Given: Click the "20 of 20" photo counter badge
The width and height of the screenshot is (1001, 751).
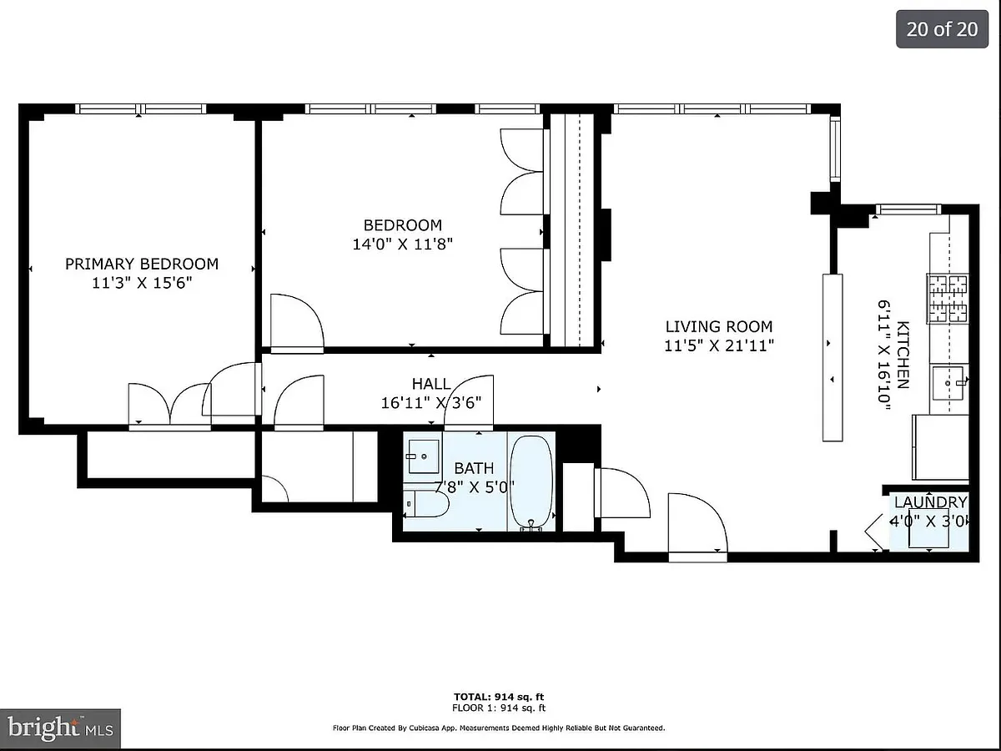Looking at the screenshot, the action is (942, 29).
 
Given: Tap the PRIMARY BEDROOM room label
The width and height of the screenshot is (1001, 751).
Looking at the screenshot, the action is (142, 264).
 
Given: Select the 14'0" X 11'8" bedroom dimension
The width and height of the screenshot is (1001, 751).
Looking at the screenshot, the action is (403, 244).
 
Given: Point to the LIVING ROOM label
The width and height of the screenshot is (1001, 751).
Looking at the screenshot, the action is (719, 326).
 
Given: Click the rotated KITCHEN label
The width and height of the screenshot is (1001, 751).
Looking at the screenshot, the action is (903, 355).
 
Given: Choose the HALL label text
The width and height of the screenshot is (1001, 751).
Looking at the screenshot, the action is (431, 384).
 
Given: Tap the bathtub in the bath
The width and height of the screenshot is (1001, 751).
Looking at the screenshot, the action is (531, 483).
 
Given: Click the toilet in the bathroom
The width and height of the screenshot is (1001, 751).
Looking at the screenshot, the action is (425, 503).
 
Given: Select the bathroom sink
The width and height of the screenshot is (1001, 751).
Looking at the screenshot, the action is (424, 456).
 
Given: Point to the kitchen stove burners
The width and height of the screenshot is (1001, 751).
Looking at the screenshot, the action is (947, 299).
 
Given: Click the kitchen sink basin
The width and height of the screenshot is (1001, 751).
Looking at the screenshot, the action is (947, 383).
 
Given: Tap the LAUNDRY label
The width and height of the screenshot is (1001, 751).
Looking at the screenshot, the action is (930, 502).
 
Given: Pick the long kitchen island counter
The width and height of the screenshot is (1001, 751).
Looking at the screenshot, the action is (832, 357).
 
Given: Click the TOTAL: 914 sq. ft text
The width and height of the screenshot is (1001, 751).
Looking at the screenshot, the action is (499, 696).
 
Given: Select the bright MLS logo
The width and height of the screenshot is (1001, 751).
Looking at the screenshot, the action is (60, 728).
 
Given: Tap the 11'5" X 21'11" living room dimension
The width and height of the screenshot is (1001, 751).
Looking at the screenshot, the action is (719, 346).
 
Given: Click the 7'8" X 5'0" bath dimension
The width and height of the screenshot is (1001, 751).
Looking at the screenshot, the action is (475, 487).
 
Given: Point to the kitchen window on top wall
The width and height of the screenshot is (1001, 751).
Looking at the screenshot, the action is (908, 209).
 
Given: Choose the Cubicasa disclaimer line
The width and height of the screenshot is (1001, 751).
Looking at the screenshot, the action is (499, 728).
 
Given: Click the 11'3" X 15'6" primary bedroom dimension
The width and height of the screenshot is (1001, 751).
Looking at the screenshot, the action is (142, 283).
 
